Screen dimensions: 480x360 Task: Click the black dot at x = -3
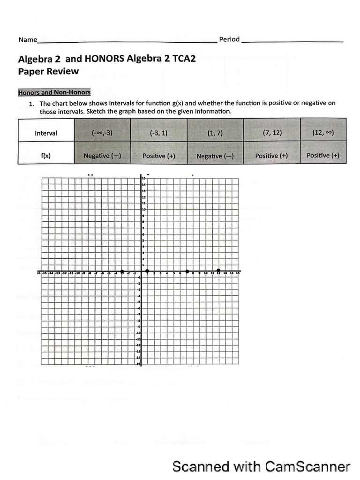[x=122, y=272]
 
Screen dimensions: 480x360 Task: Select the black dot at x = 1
[x=147, y=271]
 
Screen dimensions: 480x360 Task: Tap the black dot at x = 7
[x=187, y=271]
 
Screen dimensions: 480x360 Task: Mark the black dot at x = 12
[x=218, y=271]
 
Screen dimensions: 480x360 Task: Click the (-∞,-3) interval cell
[x=102, y=133]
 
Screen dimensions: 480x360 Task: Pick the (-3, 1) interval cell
[x=158, y=133]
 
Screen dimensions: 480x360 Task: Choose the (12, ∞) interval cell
[x=322, y=132]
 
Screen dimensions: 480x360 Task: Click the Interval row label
[x=46, y=133]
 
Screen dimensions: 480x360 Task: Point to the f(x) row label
[x=46, y=156]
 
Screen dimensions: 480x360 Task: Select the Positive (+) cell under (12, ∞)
[x=322, y=155]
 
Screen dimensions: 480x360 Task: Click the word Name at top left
[x=27, y=40]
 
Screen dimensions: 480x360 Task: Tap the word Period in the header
[x=229, y=39]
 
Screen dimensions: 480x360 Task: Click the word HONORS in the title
[x=103, y=59]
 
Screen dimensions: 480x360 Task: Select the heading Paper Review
[x=48, y=72]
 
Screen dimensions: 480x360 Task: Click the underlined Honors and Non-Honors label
[x=54, y=92]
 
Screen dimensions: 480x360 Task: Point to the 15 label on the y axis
[x=144, y=179]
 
